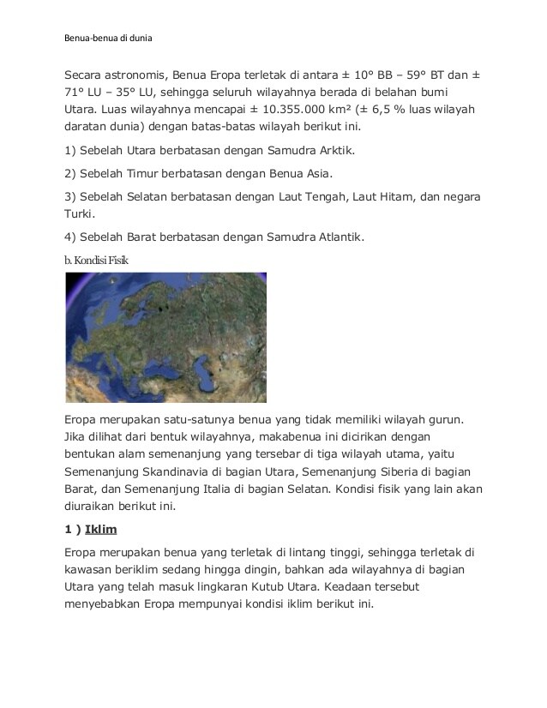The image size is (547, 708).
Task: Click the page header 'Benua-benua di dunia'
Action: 109,38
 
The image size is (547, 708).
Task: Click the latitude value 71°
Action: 76,93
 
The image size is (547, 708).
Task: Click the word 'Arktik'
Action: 334,151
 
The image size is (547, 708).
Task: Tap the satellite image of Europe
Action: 165,337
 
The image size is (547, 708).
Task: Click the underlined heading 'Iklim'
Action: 100,529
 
